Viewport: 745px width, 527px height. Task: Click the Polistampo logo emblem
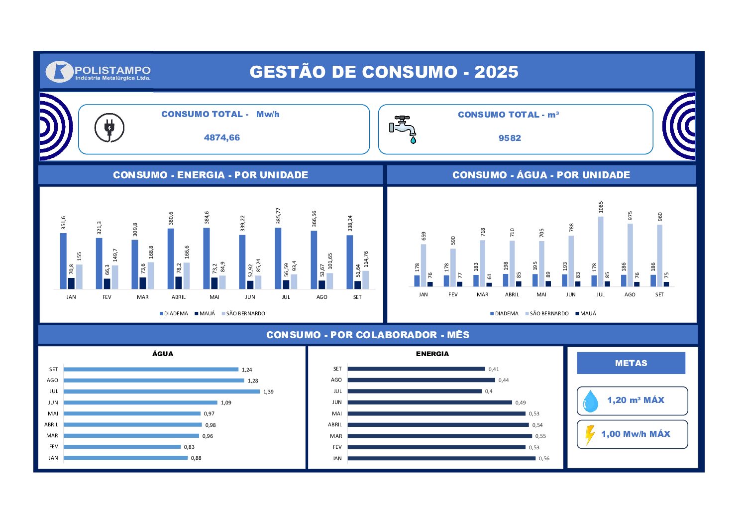60,72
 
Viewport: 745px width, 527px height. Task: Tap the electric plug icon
109,128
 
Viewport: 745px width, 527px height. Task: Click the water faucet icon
404,129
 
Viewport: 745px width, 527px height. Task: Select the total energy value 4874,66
222,137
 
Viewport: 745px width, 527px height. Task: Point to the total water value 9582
510,138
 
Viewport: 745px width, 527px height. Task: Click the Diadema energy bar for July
278,258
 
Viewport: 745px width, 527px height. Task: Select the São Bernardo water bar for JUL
601,252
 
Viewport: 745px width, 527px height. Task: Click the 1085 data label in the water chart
601,207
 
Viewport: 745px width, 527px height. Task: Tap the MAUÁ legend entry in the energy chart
205,314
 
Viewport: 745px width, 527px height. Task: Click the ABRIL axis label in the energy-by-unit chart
179,297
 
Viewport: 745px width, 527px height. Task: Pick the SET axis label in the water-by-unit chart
659,295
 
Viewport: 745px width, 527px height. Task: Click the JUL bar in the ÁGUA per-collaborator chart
162,392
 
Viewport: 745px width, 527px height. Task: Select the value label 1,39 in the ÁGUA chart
268,392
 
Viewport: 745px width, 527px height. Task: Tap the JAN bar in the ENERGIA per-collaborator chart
441,458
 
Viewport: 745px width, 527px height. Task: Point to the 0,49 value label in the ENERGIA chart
521,403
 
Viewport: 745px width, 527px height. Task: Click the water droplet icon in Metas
591,401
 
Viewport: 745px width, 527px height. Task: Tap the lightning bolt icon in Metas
590,435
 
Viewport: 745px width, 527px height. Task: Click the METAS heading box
631,363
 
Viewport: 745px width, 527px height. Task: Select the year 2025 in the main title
496,72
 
